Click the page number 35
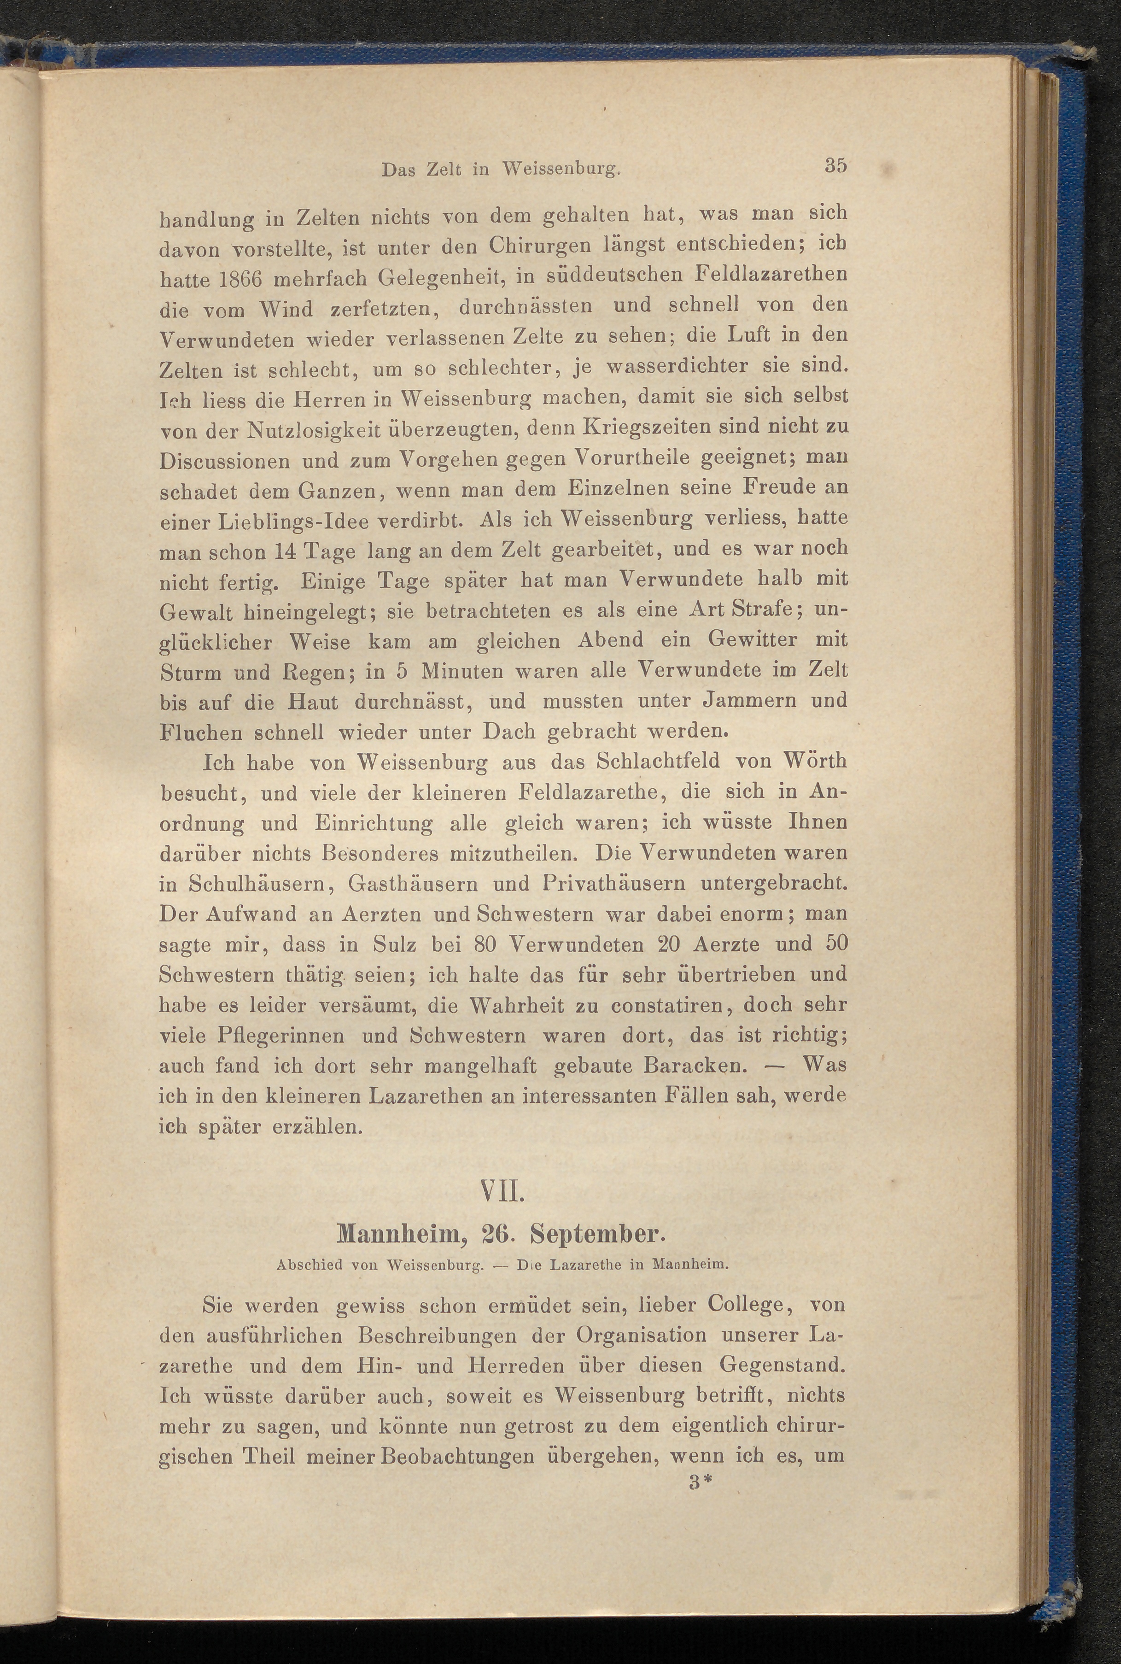835,165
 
